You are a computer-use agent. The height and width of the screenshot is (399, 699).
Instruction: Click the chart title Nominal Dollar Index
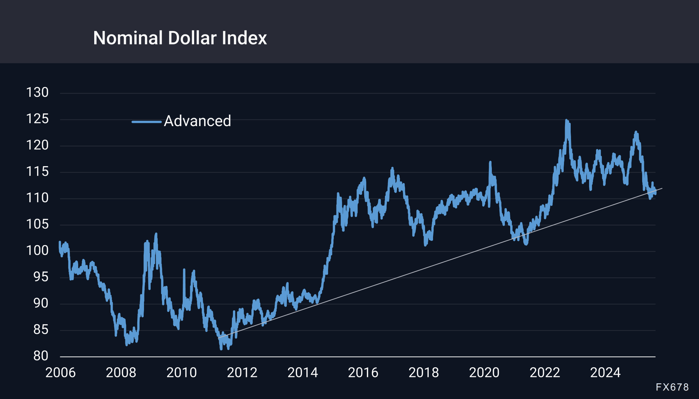click(180, 38)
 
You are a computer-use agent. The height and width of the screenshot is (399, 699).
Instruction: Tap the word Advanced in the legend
click(197, 121)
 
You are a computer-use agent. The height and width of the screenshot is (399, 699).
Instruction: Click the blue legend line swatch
click(146, 122)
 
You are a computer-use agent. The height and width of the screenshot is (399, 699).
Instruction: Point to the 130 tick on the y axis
click(37, 92)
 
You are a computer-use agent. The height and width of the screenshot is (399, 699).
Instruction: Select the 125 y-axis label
click(37, 119)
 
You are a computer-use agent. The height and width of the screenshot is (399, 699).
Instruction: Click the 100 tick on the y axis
click(37, 251)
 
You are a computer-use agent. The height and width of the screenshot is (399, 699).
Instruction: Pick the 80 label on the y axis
click(41, 356)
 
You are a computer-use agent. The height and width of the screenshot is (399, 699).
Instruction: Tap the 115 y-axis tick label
click(37, 171)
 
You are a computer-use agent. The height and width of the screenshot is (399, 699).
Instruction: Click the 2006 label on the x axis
click(60, 373)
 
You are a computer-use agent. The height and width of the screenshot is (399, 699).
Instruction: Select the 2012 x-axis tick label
click(242, 373)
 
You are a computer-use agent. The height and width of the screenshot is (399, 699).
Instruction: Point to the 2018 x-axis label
click(423, 373)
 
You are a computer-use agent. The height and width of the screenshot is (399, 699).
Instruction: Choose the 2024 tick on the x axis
click(605, 373)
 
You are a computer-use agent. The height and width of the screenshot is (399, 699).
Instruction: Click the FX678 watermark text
click(672, 387)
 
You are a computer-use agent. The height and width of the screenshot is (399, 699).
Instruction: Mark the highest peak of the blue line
click(566, 120)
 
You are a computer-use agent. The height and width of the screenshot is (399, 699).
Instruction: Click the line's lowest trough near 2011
click(221, 349)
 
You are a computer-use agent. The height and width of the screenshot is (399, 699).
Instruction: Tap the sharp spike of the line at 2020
click(490, 162)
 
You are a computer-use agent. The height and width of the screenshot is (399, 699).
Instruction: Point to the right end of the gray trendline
click(662, 189)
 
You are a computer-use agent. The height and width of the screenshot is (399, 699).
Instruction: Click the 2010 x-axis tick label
click(181, 373)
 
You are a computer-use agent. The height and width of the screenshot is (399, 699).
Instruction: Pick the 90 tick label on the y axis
click(41, 303)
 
